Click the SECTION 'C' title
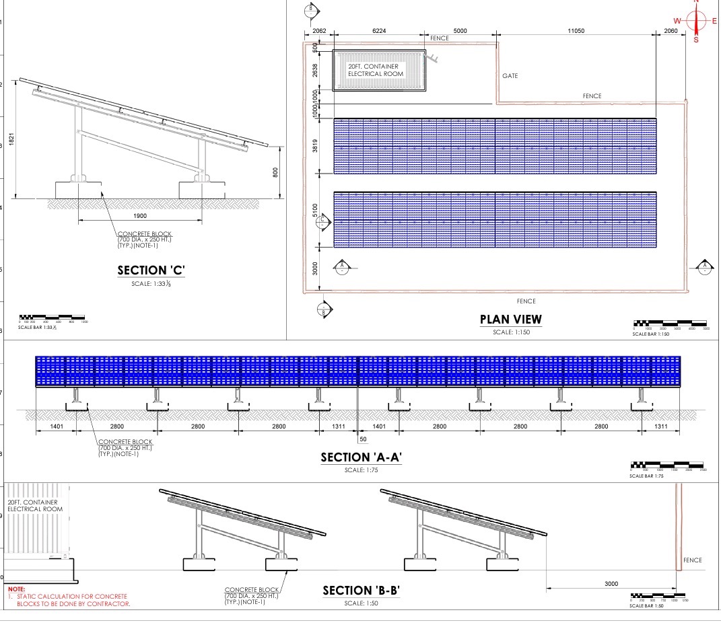coord(151,270)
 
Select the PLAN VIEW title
coord(510,320)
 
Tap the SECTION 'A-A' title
coord(361,457)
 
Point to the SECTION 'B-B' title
coord(362,591)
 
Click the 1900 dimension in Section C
coord(140,215)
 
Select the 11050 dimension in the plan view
coord(575,31)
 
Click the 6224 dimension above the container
coord(379,31)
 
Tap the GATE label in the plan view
coord(510,76)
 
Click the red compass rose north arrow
coord(696,21)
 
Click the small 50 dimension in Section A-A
coord(364,439)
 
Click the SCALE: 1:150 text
coord(510,332)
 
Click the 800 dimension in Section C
coord(274,172)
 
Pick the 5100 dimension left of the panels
coord(314,211)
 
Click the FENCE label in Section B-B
coord(692,560)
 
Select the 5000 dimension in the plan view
coord(460,31)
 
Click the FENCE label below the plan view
coord(526,301)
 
